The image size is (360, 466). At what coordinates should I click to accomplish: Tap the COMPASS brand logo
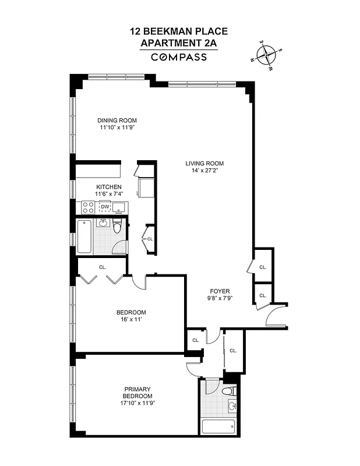point(179,57)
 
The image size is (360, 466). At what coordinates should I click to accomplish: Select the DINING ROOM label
point(117,121)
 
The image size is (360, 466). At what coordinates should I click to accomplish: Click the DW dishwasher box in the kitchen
point(105,207)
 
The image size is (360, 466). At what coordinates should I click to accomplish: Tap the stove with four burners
point(89,207)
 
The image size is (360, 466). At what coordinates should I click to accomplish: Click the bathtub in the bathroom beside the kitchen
point(84,236)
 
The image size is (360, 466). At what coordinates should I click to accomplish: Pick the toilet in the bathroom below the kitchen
point(117,228)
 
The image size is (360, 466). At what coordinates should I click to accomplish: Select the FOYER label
point(220,291)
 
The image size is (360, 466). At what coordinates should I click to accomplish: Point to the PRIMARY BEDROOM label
point(137,393)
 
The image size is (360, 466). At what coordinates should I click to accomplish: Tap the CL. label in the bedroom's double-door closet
point(103,267)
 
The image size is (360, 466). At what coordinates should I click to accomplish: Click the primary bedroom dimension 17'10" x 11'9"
point(137,403)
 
